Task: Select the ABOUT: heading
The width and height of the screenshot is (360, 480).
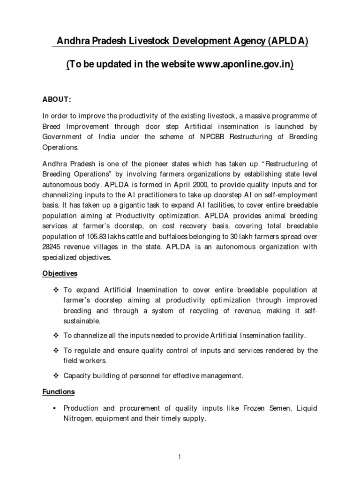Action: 56,100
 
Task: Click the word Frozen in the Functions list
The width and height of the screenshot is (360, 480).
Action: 254,408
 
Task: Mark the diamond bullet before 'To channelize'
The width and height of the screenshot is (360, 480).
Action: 55,336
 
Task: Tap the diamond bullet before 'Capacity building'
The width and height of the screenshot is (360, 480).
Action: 55,375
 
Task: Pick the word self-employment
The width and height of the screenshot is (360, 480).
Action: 284,195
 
